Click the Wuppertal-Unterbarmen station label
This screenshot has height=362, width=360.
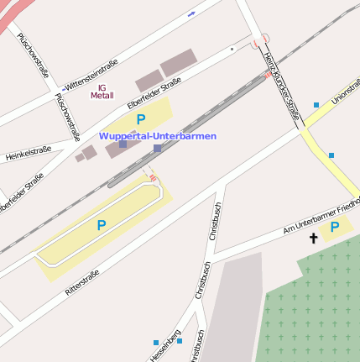click(158, 136)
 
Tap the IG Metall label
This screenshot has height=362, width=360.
click(102, 92)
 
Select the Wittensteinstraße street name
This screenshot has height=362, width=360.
click(91, 74)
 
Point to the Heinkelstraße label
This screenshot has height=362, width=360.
click(29, 153)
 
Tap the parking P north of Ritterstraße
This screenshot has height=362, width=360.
click(101, 225)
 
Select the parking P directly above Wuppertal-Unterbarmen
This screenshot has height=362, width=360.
click(141, 119)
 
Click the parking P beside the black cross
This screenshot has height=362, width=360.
click(335, 227)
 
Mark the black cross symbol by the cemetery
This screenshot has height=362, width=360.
click(314, 239)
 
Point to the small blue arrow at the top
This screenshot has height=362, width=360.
click(192, 13)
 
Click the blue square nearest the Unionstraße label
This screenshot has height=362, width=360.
click(316, 105)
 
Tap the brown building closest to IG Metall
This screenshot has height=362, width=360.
click(149, 81)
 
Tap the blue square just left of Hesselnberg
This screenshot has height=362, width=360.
click(156, 342)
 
